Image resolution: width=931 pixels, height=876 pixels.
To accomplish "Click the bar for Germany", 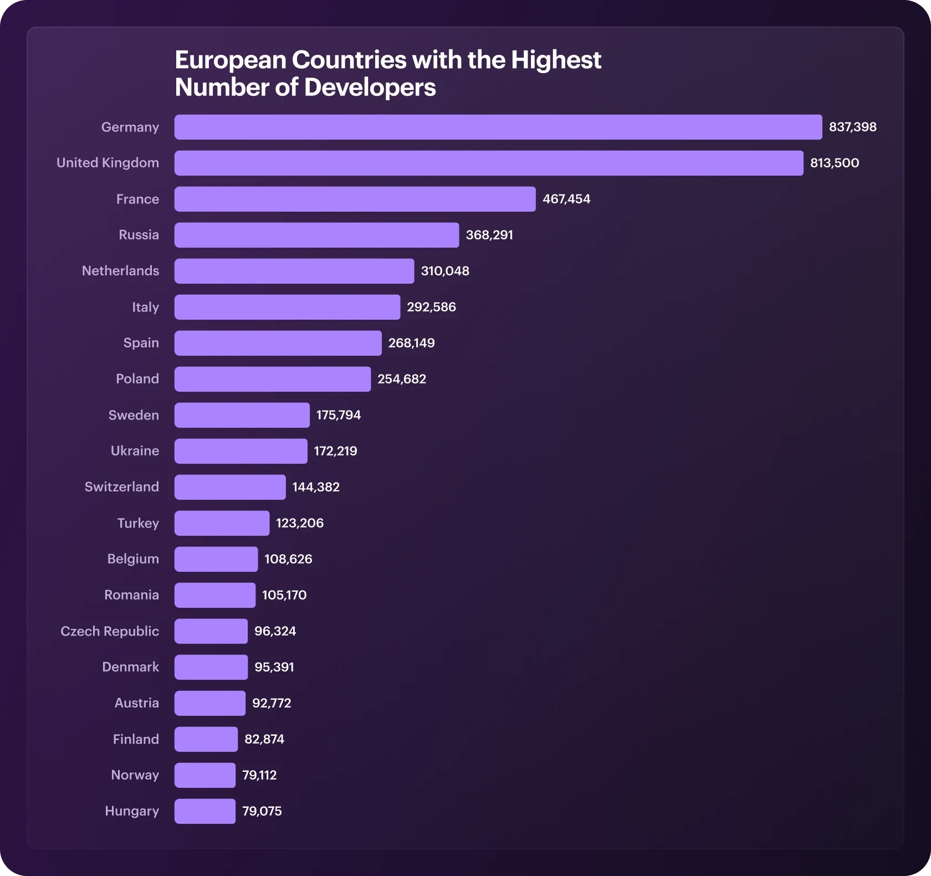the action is (498, 127).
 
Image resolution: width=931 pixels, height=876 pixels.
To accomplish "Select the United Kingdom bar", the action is (489, 163).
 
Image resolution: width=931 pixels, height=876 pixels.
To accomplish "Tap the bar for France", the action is (355, 199).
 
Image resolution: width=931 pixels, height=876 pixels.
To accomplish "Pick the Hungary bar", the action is (205, 811).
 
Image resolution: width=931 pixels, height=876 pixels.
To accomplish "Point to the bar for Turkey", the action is (222, 523).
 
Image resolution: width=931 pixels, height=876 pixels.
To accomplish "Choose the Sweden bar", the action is (242, 415).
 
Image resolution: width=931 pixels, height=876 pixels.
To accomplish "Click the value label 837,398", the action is (853, 127).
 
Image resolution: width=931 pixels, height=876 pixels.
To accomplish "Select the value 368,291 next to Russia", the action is (489, 235).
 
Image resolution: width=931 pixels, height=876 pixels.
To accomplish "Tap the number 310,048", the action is (445, 271).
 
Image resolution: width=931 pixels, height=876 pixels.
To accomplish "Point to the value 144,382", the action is (316, 487).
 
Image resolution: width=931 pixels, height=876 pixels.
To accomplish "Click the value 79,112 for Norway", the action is (259, 775).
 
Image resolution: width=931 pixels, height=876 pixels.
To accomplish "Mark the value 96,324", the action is (275, 631).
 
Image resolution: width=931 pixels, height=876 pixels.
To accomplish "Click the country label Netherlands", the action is (120, 270).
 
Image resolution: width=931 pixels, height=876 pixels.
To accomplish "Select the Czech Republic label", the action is (110, 631).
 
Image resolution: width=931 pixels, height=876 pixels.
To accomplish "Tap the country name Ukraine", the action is (135, 450).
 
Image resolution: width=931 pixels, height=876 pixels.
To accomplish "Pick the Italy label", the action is (145, 307).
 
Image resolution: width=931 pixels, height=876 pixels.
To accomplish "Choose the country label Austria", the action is (137, 703).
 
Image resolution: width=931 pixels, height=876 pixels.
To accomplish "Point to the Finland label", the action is (136, 739).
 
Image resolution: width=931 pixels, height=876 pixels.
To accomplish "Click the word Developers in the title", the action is (370, 88).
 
